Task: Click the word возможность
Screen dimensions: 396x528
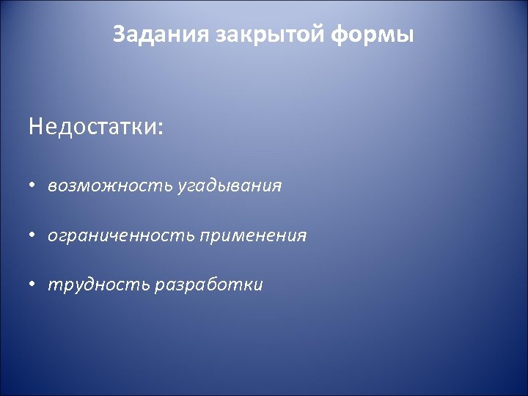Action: (x=110, y=186)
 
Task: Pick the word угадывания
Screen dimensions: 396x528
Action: (x=229, y=186)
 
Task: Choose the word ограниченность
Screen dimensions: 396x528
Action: (x=121, y=236)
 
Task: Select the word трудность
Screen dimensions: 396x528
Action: (x=99, y=285)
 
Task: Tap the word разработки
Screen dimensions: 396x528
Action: (x=208, y=285)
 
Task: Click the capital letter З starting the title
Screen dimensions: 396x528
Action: (x=120, y=34)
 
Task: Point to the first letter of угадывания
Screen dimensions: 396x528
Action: (x=181, y=187)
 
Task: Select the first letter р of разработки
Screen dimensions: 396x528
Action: (x=158, y=287)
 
